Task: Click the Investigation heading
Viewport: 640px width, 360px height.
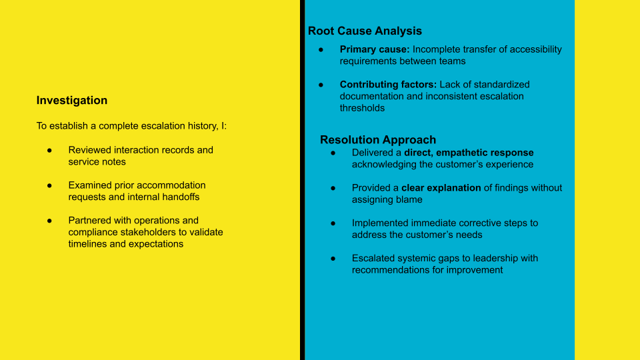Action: [x=71, y=101]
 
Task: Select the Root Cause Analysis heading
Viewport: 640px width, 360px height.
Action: [x=365, y=31]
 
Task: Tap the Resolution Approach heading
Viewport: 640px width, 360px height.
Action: [x=377, y=140]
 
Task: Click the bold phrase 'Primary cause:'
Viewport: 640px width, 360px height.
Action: [x=375, y=49]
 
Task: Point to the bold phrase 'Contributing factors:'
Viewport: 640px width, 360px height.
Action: [x=388, y=85]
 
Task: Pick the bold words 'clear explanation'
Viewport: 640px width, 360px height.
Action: [x=441, y=188]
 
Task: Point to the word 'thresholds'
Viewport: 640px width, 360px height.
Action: [x=362, y=108]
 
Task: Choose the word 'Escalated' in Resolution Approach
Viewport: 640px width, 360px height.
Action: [x=374, y=259]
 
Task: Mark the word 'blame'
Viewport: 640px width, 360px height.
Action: [x=410, y=200]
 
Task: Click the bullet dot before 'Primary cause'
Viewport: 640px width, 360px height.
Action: [x=321, y=49]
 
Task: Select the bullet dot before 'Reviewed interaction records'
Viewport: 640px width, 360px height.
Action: [x=49, y=150]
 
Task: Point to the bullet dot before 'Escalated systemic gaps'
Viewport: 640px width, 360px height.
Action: [x=333, y=259]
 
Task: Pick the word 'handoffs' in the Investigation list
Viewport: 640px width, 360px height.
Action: [x=180, y=197]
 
